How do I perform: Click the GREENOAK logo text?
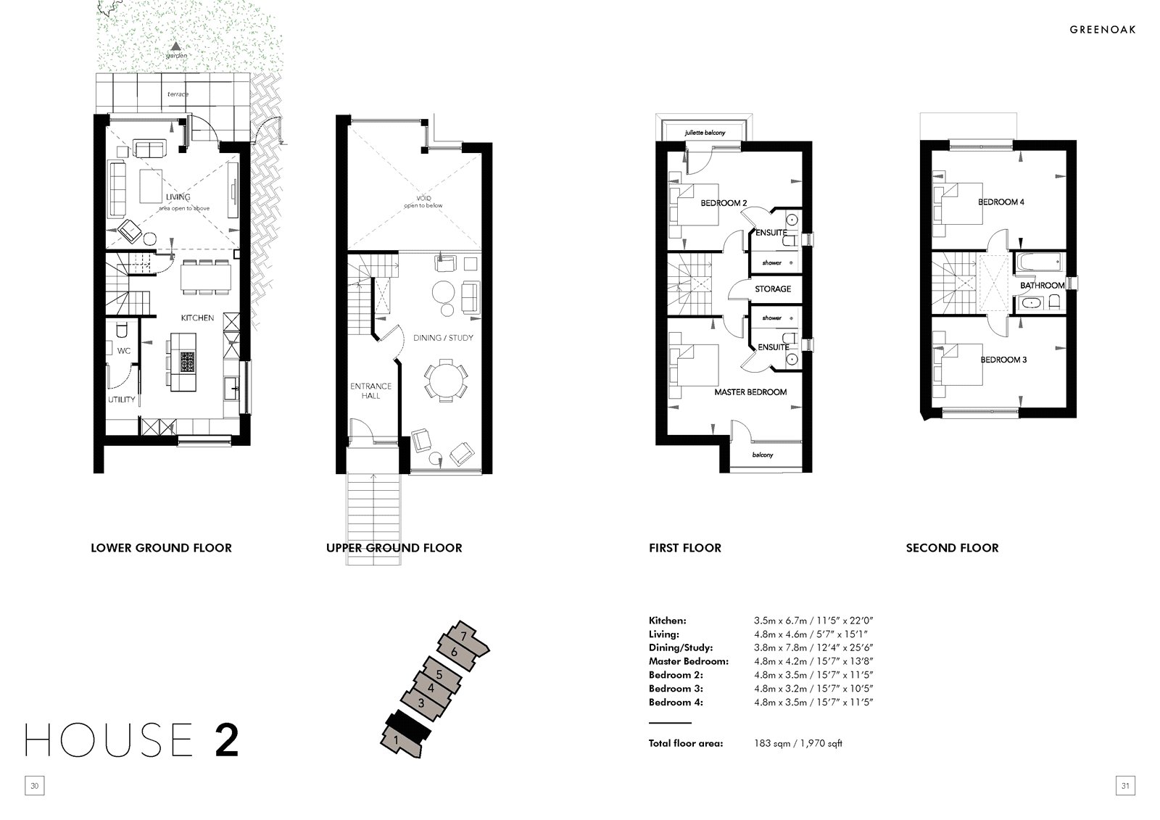coord(1103,30)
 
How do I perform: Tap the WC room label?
coord(124,351)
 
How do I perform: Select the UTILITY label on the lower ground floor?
coord(121,399)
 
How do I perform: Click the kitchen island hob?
coord(188,362)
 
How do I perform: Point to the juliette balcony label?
coord(705,133)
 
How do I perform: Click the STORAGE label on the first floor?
coord(773,289)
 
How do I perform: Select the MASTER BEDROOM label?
coord(750,392)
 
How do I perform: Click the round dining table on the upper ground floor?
coord(444,380)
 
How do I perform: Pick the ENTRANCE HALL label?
coord(370,391)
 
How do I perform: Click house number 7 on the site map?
coord(463,636)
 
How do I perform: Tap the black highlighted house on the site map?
coord(407,727)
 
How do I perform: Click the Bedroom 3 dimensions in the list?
coord(813,689)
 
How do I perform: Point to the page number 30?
coord(35,786)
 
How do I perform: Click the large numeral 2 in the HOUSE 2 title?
coord(226,740)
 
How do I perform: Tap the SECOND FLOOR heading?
coord(952,547)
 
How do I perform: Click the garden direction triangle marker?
coord(176,46)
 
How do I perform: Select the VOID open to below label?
coord(423,202)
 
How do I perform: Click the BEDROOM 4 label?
coord(1001,202)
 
